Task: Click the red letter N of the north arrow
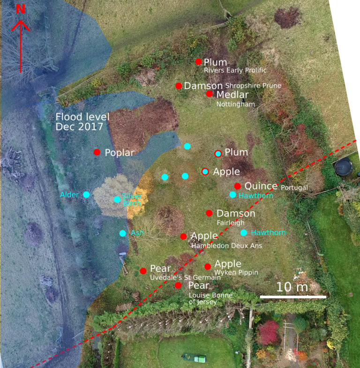(21, 9)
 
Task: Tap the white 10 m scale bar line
(293, 297)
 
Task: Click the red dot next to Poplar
(97, 152)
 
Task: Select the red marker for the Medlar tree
(210, 94)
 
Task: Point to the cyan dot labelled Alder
(86, 194)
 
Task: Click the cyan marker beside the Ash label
(122, 233)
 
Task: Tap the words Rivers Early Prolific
(235, 70)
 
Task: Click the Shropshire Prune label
(253, 86)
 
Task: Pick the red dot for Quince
(238, 186)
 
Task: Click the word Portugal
(294, 188)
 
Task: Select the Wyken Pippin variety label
(236, 272)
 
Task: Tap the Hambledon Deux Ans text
(220, 245)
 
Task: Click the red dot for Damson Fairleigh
(209, 213)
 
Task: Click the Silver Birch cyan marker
(117, 199)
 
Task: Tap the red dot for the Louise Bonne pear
(178, 285)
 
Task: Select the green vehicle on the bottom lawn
(194, 359)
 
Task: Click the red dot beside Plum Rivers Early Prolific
(199, 62)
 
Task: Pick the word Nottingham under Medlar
(235, 104)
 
